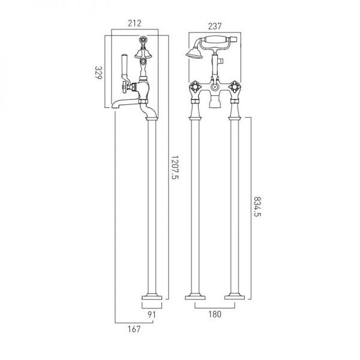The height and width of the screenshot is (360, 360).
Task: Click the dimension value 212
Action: [134, 23]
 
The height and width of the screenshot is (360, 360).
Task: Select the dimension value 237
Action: [215, 26]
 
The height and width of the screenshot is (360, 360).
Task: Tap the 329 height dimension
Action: [98, 73]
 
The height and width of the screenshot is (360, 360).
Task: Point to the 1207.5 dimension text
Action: [175, 167]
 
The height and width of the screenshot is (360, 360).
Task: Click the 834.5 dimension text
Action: [257, 206]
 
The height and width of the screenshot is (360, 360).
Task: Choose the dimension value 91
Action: [152, 314]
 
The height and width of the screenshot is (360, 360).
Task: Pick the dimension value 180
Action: [215, 314]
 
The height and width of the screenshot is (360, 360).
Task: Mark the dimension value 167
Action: [134, 329]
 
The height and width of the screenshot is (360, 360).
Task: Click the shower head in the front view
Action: [194, 53]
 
